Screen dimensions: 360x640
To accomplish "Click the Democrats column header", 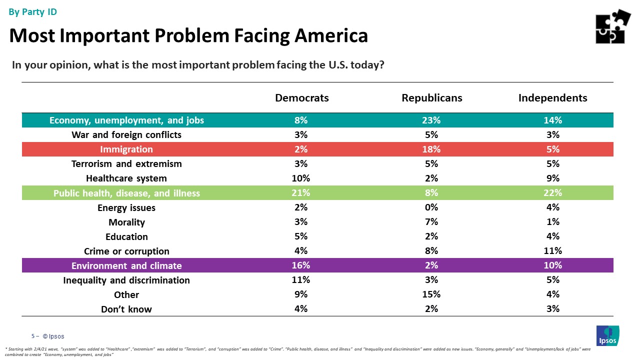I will (302, 98).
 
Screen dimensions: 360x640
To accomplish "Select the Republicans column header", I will (431, 98).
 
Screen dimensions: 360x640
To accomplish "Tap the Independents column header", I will (552, 98).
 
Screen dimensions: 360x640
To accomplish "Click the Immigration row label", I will (126, 149).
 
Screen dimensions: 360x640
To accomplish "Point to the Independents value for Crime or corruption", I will (553, 250).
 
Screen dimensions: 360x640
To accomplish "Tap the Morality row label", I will (126, 222).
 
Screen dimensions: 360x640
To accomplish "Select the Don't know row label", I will (126, 309).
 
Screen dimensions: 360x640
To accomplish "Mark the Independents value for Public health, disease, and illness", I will (553, 192).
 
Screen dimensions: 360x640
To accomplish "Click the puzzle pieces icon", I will (613, 26).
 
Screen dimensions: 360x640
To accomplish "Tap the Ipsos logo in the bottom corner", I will (607, 335).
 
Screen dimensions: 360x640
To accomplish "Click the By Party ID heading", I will (33, 12).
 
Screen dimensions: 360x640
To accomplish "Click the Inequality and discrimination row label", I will (126, 280).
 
